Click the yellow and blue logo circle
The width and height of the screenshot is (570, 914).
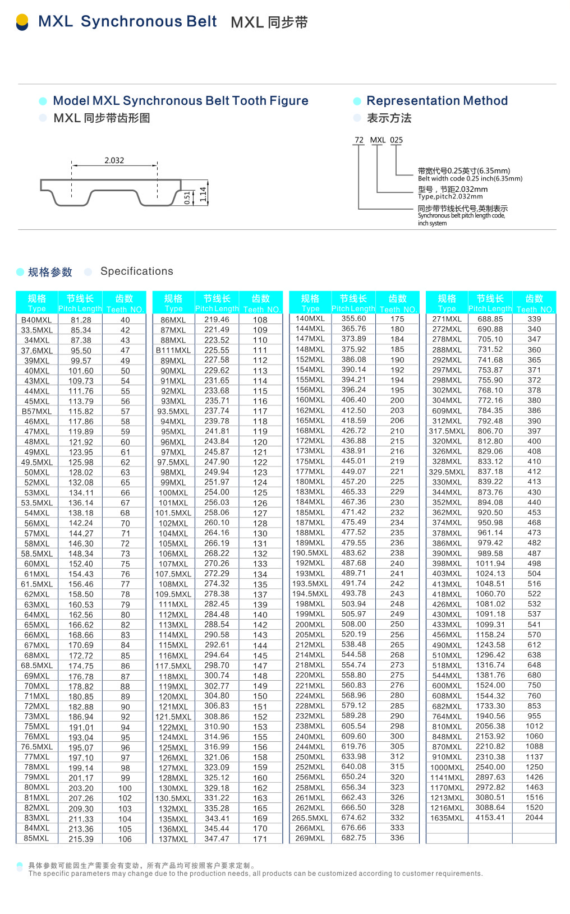point(22,22)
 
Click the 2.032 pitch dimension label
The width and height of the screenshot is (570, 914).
point(114,160)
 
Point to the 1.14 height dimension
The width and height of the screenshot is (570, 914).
point(203,195)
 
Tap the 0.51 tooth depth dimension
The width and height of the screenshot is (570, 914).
point(187,198)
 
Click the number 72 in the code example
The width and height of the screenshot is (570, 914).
point(359,140)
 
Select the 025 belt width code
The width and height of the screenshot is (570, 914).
point(397,140)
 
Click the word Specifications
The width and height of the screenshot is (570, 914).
point(137,271)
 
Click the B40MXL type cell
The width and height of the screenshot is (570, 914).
point(36,320)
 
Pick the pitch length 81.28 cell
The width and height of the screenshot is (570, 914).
point(81,320)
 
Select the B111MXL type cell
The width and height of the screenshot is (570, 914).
point(173,350)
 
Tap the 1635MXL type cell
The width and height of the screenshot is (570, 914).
point(447,818)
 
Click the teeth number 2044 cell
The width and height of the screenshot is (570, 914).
point(534,818)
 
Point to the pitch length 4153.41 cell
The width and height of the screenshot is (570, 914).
point(490,818)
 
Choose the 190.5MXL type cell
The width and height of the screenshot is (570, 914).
point(310,553)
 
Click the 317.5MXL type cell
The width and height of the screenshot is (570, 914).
point(447,431)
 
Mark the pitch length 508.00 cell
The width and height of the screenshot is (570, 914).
point(353,624)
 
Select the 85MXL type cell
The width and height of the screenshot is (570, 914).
point(36,838)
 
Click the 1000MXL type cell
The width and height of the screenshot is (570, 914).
point(447,768)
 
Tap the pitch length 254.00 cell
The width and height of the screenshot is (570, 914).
point(217,492)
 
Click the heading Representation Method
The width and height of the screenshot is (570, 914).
point(437,101)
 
